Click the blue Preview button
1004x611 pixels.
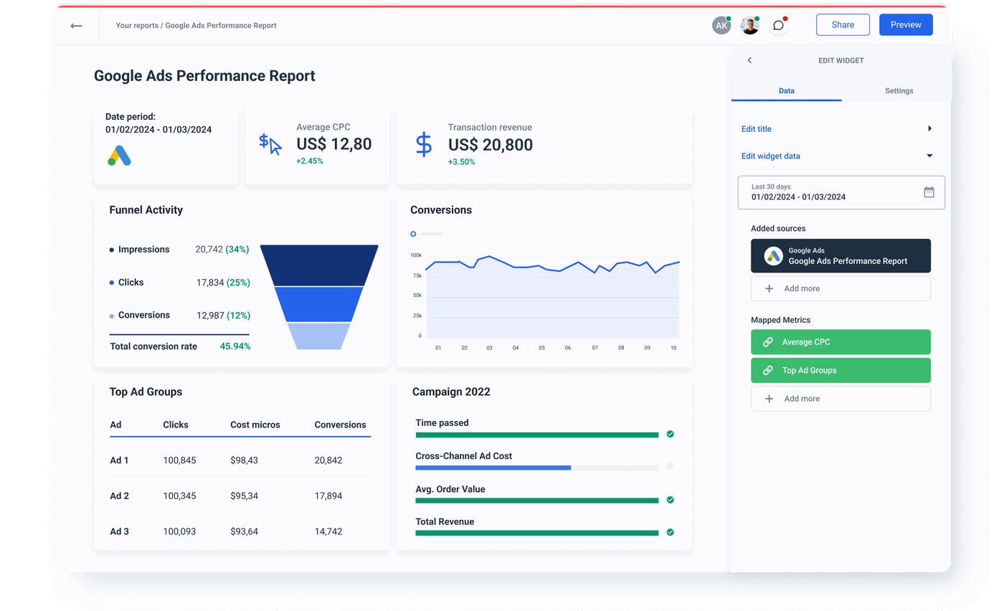coord(906,24)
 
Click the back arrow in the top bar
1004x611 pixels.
coord(76,26)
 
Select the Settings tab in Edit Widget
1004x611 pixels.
coord(899,91)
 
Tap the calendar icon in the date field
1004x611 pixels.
coord(929,192)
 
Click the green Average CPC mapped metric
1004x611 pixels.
coord(840,342)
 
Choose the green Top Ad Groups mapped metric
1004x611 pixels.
coord(840,371)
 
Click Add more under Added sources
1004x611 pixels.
coord(840,288)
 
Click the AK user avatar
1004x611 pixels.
coord(721,25)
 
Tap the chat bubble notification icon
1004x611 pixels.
coord(778,26)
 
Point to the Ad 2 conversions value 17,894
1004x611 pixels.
coord(328,496)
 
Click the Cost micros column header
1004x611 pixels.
coord(255,425)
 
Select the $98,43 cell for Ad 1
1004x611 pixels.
coord(245,460)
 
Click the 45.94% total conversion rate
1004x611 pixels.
coord(235,346)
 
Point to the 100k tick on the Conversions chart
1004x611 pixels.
coord(416,255)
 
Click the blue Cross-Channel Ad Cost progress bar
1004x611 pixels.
coord(493,468)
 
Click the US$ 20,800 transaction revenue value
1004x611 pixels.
coord(491,144)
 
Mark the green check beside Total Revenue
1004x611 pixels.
coord(670,532)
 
